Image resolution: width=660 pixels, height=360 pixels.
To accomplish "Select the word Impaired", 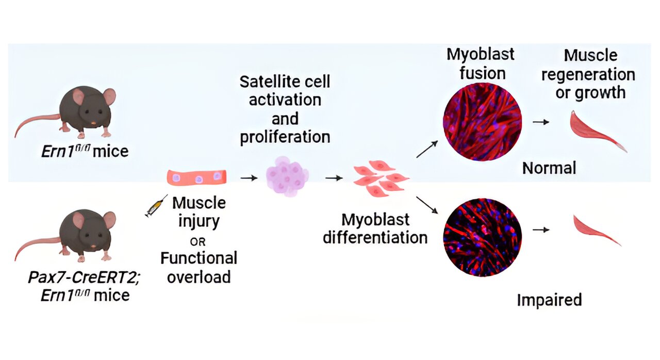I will pos(549,300).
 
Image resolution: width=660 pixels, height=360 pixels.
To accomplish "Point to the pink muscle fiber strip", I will pos(198,177).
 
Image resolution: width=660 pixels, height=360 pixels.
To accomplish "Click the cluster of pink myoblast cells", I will pos(381,178).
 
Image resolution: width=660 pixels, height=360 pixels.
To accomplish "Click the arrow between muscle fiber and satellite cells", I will pos(250,178).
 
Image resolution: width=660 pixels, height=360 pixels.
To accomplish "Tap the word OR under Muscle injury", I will pos(199,241).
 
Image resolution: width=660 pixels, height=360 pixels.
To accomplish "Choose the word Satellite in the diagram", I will pos(263,81).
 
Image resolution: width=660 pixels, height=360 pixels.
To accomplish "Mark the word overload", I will pos(199,276).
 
